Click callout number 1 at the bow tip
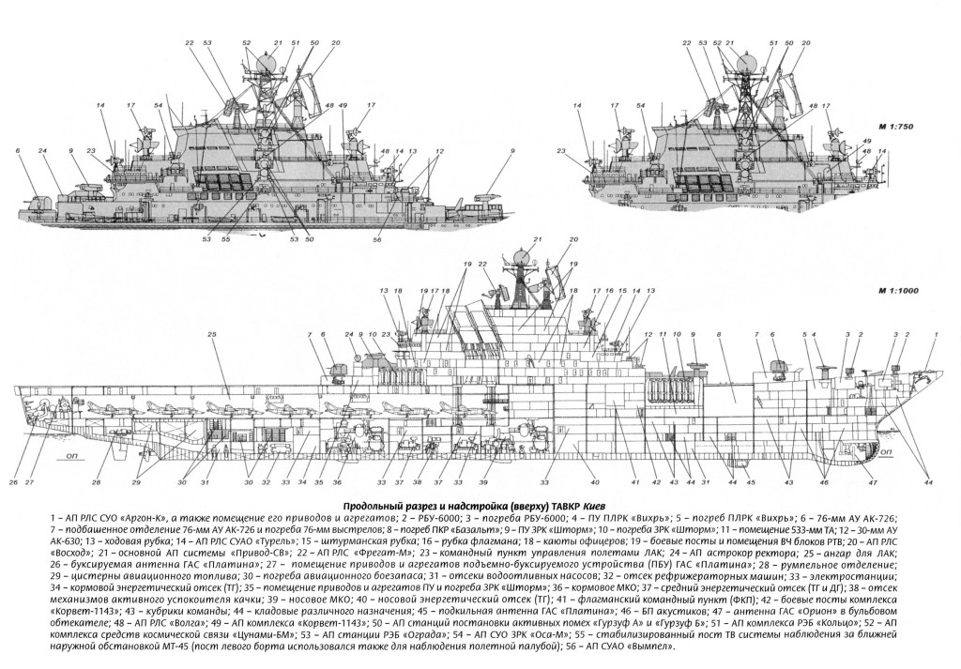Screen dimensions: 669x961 [932, 346]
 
